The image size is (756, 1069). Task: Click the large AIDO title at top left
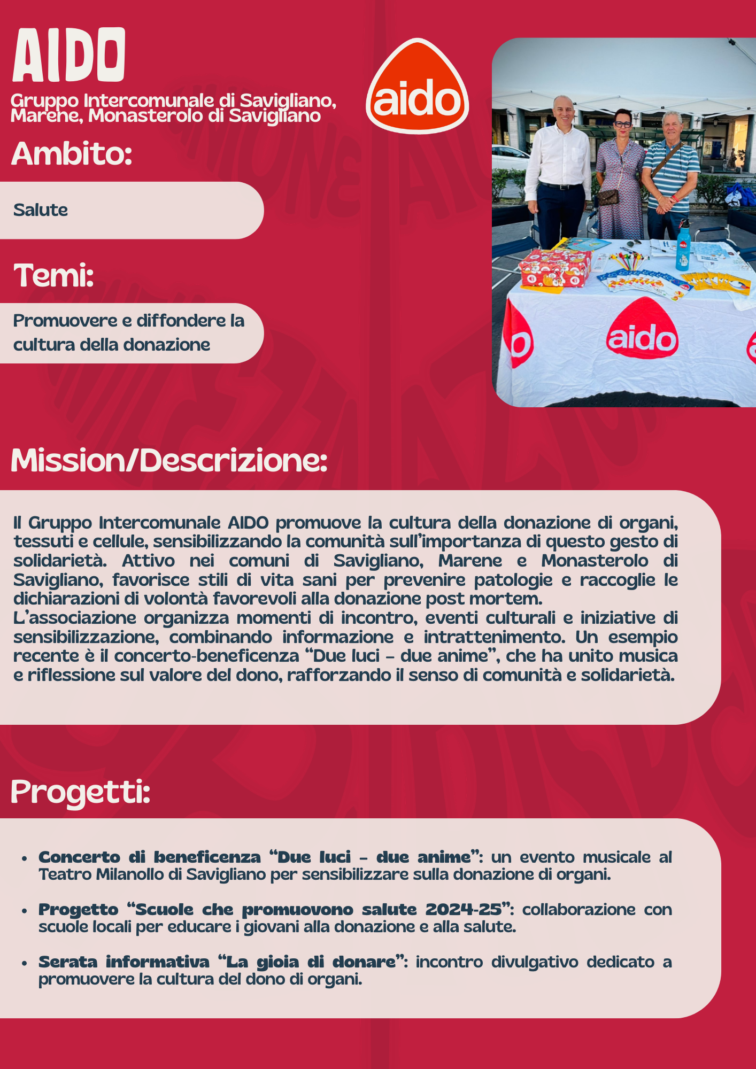click(69, 55)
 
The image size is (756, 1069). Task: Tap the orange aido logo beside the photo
click(417, 87)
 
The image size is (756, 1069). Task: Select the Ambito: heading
click(72, 154)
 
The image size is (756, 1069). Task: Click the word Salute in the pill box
click(41, 210)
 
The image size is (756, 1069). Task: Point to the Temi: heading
click(53, 275)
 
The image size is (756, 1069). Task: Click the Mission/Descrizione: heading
click(168, 460)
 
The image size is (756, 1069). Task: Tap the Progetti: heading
click(80, 792)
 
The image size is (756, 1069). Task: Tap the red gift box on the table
click(555, 267)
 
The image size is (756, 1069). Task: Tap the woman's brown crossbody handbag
click(607, 197)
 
